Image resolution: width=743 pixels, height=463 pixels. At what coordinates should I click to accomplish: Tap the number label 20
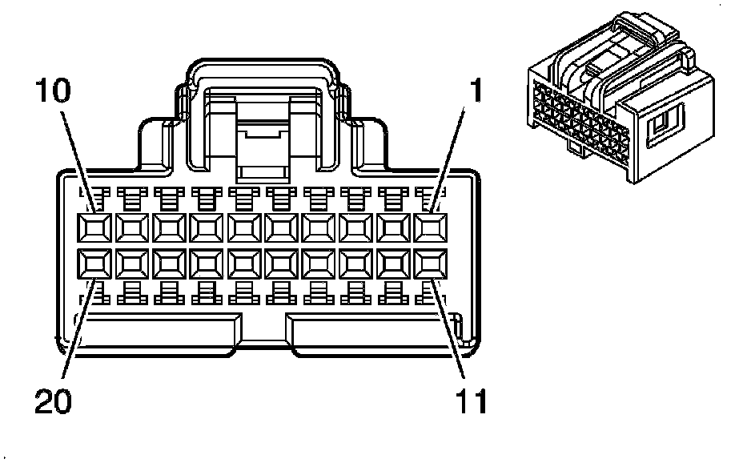tap(53, 400)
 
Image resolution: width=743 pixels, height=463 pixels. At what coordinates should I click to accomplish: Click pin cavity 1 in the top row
tap(431, 227)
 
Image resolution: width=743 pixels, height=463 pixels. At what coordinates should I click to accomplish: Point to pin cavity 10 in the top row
tap(93, 227)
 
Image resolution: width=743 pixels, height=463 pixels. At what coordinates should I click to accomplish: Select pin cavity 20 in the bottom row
tap(93, 263)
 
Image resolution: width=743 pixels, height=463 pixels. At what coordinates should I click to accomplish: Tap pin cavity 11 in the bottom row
tap(431, 263)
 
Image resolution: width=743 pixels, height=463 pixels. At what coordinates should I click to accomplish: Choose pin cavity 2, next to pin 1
tap(393, 227)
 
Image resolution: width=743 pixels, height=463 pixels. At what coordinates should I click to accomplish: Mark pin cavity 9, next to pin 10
tap(131, 227)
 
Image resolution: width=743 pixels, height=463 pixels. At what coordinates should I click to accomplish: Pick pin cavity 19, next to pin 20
tap(131, 263)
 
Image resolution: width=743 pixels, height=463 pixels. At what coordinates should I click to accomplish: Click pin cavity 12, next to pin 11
tap(393, 263)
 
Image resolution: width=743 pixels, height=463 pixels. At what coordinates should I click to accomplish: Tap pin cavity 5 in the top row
tap(280, 227)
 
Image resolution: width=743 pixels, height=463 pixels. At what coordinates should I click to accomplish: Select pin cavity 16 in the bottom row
tap(243, 263)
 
